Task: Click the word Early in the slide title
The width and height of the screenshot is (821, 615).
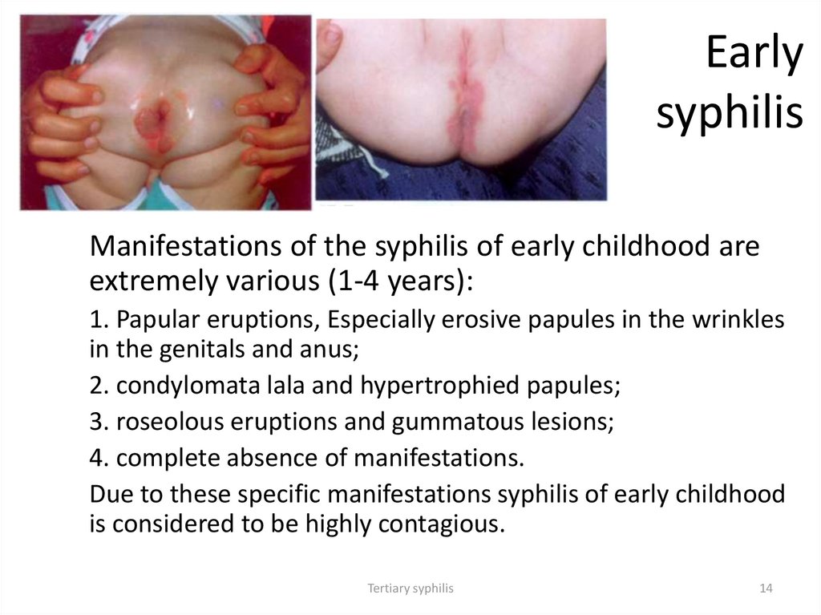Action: tap(754, 55)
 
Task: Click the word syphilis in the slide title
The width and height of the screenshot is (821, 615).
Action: tap(729, 112)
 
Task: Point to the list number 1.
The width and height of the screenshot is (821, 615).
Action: tap(96, 320)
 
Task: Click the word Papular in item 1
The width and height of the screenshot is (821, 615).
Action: tap(157, 320)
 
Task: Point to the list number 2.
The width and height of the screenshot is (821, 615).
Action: tap(97, 385)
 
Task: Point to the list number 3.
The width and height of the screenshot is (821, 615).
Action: tap(97, 422)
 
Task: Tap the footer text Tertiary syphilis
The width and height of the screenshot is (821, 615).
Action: tap(410, 588)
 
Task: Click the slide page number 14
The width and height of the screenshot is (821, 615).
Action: tap(765, 588)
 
